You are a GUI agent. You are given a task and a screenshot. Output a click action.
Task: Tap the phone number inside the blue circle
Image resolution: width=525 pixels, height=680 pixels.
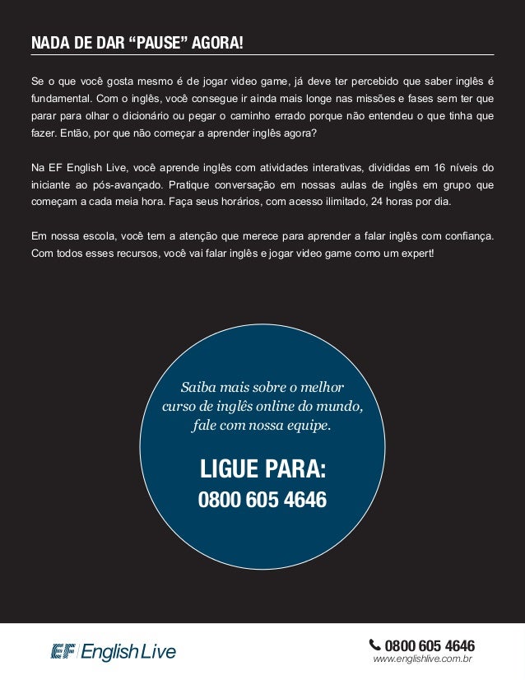pos(262,500)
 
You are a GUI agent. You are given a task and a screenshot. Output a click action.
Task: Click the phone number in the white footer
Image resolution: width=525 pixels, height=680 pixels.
pos(430,645)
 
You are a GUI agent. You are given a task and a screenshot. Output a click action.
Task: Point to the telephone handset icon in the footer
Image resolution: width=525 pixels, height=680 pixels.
pos(375,645)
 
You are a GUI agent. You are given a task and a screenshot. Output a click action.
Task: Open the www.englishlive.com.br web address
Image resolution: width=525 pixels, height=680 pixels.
pos(421,659)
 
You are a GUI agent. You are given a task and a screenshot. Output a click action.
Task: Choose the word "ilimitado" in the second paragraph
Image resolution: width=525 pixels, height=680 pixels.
pos(326,202)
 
